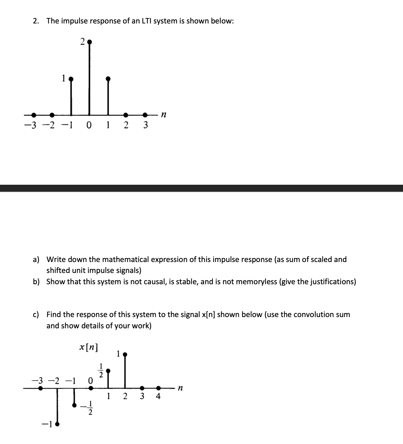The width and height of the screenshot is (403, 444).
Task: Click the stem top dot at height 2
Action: [89, 42]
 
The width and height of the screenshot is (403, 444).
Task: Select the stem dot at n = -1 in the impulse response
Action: [71, 78]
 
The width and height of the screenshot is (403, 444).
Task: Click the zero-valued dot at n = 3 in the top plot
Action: [145, 114]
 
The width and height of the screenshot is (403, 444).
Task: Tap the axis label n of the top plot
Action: [163, 115]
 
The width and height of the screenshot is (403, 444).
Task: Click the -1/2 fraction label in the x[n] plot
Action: [89, 408]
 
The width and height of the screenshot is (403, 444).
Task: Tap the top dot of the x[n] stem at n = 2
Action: [125, 354]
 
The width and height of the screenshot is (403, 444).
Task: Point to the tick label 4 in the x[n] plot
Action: [158, 396]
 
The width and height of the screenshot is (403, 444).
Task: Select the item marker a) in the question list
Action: [36, 260]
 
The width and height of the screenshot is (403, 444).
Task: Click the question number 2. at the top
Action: [36, 21]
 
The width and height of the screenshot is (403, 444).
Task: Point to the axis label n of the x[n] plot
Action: [180, 388]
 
